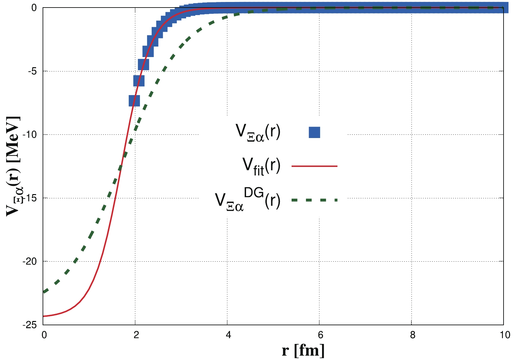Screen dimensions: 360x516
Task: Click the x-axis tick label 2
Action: tap(136, 335)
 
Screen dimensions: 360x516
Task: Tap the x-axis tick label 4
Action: tap(228, 335)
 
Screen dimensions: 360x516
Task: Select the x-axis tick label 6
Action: tap(320, 335)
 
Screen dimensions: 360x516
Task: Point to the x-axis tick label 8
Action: tap(412, 335)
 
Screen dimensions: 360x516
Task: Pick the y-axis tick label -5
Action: tap(32, 71)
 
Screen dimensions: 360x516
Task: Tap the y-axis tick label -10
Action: tap(30, 134)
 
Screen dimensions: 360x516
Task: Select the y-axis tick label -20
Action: tap(30, 261)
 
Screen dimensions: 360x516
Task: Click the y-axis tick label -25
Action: tap(30, 325)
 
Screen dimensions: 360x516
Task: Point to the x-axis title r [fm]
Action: tap(303, 350)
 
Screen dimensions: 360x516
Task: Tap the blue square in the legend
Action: tap(314, 132)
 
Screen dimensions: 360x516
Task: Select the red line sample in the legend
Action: tap(314, 166)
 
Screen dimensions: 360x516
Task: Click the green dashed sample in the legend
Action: tap(314, 200)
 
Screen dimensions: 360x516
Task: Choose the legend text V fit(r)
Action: tap(261, 166)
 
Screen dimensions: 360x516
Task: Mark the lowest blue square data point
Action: tap(134, 101)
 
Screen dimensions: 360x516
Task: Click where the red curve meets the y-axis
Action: tap(44, 316)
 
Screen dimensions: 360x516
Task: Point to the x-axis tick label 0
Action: tap(44, 335)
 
